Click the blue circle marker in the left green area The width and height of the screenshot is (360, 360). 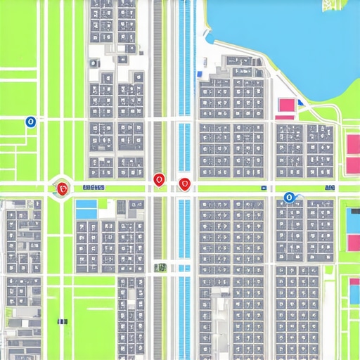30,122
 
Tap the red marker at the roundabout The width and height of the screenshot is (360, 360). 63,188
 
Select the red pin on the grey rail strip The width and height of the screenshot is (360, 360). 159,181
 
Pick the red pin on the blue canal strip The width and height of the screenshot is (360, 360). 184,184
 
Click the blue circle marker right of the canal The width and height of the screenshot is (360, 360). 288,198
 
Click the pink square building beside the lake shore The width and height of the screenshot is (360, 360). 286,105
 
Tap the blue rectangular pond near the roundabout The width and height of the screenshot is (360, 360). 86,209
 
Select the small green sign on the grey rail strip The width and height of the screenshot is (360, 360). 161,266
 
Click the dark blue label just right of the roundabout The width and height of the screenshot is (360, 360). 93,188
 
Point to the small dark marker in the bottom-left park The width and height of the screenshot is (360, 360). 63,321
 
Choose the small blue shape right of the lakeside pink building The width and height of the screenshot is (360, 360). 302,103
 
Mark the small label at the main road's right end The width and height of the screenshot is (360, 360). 330,188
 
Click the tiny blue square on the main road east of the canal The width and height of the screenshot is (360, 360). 263,188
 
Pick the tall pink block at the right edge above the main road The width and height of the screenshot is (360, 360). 353,153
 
